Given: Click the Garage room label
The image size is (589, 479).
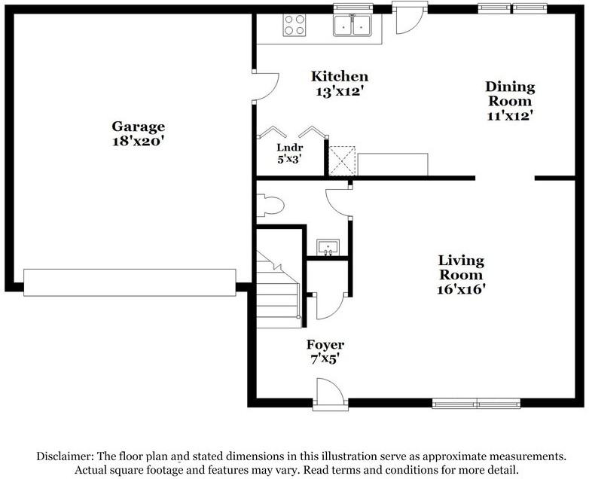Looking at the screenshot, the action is point(139,127).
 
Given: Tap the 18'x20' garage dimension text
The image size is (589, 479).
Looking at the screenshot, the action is point(139,142).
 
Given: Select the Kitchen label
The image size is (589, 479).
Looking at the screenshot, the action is point(340,76).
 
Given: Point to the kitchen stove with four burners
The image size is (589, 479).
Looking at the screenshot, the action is point(294,25).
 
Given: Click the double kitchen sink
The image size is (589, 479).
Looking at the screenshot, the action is point(352,25).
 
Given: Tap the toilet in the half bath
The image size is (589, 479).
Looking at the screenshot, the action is point(270,205).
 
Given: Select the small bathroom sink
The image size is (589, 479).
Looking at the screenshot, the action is point(328,247).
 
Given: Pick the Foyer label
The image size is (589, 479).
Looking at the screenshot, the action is point(325,344).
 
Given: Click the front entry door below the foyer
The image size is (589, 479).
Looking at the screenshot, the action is point(330,394).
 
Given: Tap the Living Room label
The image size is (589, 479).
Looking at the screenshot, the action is point(461,267).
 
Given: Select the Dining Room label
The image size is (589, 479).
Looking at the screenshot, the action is point(510,94).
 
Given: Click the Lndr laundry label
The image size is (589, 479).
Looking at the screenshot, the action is point(290,148).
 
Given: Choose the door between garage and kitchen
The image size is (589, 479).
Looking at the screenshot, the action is point(265,87).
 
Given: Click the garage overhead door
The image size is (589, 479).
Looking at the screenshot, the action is point(130,282).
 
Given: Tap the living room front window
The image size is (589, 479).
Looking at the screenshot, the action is point(476,404).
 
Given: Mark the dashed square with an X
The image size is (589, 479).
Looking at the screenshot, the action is point(342,160).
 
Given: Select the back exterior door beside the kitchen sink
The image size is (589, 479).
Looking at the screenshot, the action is point(410,18).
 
